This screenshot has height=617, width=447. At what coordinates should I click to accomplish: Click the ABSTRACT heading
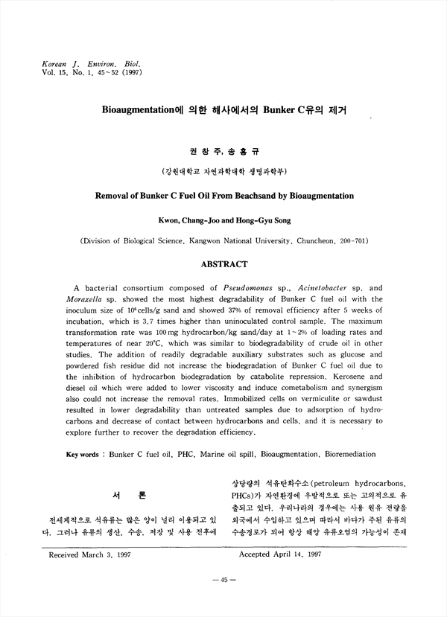tap(224, 263)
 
